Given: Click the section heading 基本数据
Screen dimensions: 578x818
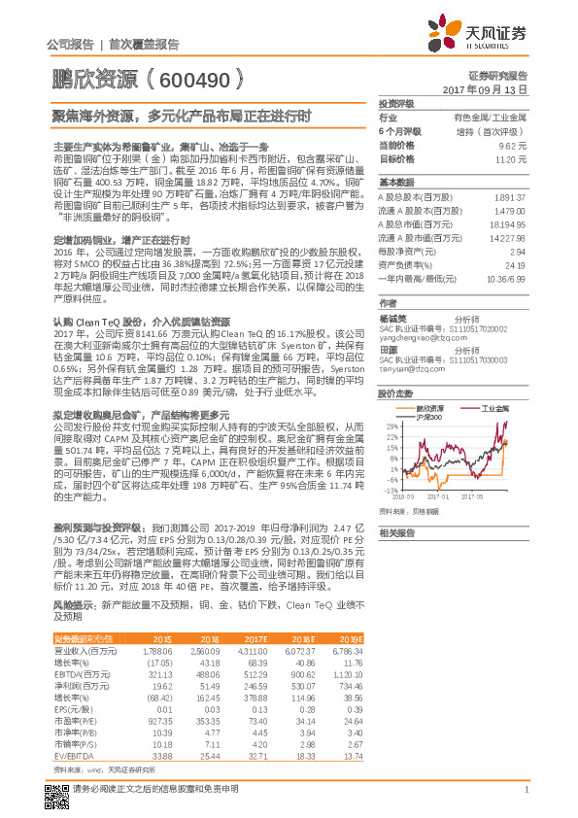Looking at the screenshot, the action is [x=395, y=183].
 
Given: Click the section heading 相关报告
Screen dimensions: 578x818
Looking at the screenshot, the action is [x=395, y=533].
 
